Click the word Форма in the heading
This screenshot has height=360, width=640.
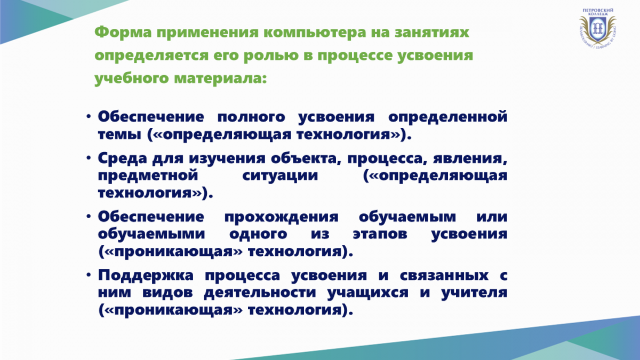point(123,33)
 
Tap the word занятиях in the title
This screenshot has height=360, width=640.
point(431,33)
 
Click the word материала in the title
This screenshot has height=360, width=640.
point(220,78)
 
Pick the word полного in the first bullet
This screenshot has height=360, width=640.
point(251,117)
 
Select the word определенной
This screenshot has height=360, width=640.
point(447,117)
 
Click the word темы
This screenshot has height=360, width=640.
point(119,135)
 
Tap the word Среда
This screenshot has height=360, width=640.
point(122,158)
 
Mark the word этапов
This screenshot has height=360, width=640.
point(380,234)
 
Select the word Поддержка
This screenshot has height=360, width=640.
point(146,275)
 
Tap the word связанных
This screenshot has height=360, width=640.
point(444,276)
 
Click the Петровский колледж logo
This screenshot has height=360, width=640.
point(597,28)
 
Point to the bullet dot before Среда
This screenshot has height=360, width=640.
point(89,158)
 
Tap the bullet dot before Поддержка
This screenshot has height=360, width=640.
point(89,275)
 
